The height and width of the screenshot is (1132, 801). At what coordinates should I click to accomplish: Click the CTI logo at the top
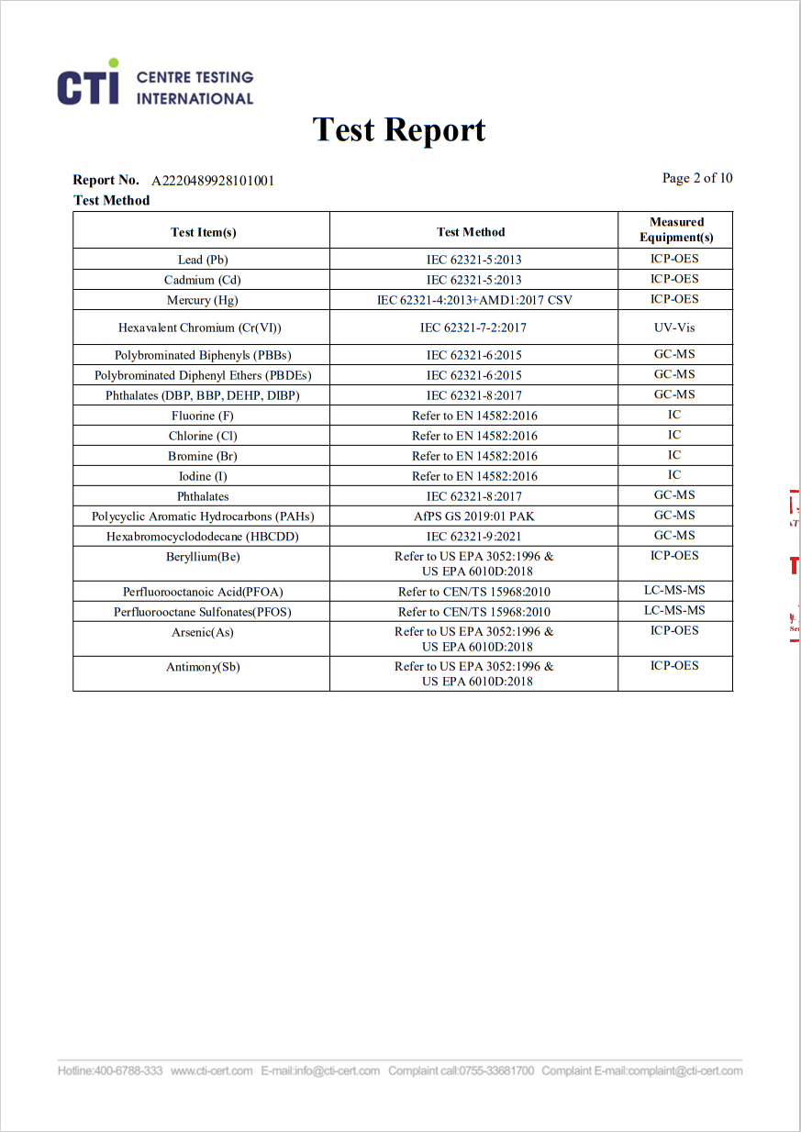pos(154,83)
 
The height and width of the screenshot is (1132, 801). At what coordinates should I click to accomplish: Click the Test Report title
pos(399,130)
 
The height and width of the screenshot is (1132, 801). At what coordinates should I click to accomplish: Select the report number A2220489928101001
pos(213,181)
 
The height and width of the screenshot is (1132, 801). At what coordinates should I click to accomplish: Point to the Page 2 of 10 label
pos(697,178)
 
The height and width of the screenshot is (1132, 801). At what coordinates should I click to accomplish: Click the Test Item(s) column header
pos(203,232)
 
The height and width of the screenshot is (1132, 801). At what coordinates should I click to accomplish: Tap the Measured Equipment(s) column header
pos(676,229)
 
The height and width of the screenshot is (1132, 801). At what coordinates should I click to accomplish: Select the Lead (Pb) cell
pos(203,260)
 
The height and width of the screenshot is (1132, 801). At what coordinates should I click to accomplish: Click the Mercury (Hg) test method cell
pos(473,300)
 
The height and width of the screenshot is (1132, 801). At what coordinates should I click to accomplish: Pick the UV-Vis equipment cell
pos(674,327)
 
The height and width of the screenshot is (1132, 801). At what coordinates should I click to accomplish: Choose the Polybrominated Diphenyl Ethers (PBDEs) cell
pos(203,375)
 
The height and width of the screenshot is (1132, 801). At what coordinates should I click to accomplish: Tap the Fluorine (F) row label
pos(203,416)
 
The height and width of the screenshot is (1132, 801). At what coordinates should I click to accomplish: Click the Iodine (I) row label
pos(203,476)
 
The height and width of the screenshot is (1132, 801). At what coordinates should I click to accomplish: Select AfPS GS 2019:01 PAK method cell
pos(473,516)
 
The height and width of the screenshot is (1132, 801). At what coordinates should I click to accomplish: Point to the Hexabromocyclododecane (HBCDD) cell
pos(203,537)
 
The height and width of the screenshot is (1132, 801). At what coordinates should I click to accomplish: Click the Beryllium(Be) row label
pos(203,557)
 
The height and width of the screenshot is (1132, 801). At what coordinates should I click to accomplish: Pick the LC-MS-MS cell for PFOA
pos(674,591)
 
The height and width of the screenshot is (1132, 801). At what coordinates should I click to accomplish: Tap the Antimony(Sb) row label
pos(203,667)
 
